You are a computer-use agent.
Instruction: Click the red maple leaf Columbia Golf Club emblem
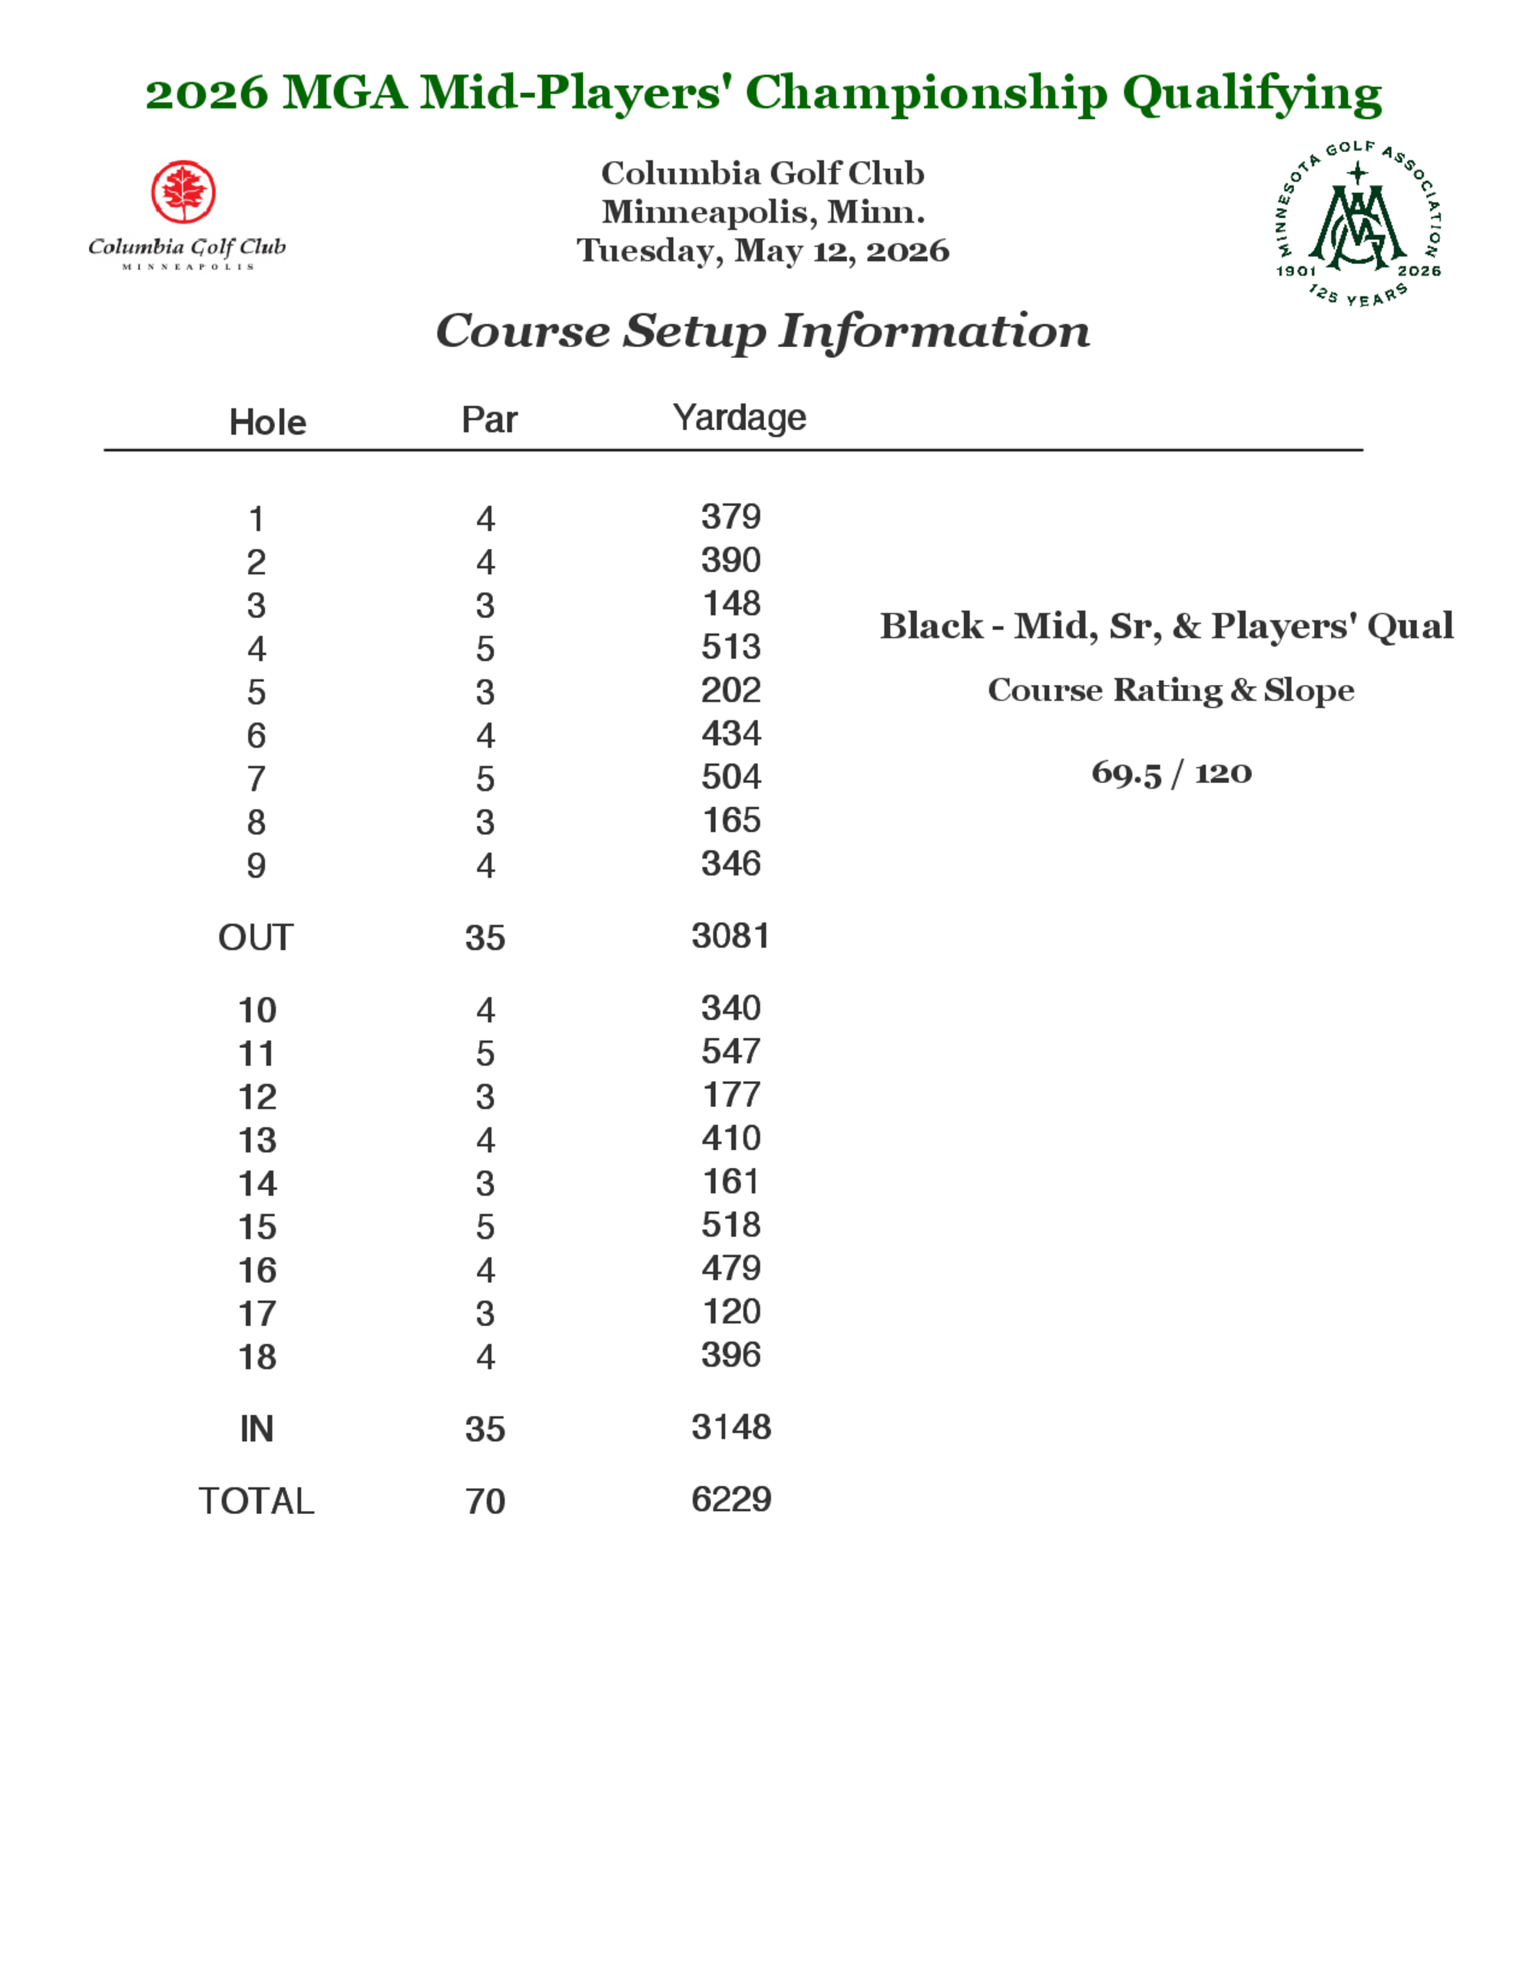183,192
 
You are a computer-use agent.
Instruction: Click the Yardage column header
739,418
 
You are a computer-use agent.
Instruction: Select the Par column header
488,419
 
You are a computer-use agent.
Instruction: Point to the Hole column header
267,422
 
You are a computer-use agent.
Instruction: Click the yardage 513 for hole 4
730,647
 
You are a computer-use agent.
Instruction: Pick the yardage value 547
730,1052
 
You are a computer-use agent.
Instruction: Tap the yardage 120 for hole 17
730,1312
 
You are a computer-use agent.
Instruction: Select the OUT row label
256,938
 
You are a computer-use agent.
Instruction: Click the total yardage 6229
730,1499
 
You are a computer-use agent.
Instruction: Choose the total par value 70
485,1501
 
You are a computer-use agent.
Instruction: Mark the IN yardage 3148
730,1427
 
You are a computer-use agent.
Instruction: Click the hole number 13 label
257,1140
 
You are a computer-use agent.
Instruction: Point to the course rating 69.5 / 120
1171,773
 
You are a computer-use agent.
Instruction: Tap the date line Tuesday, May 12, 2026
763,250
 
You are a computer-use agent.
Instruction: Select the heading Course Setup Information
763,330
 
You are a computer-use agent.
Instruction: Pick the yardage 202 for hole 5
730,690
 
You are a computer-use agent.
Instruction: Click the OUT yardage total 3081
730,936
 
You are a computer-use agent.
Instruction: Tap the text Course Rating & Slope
1171,690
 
